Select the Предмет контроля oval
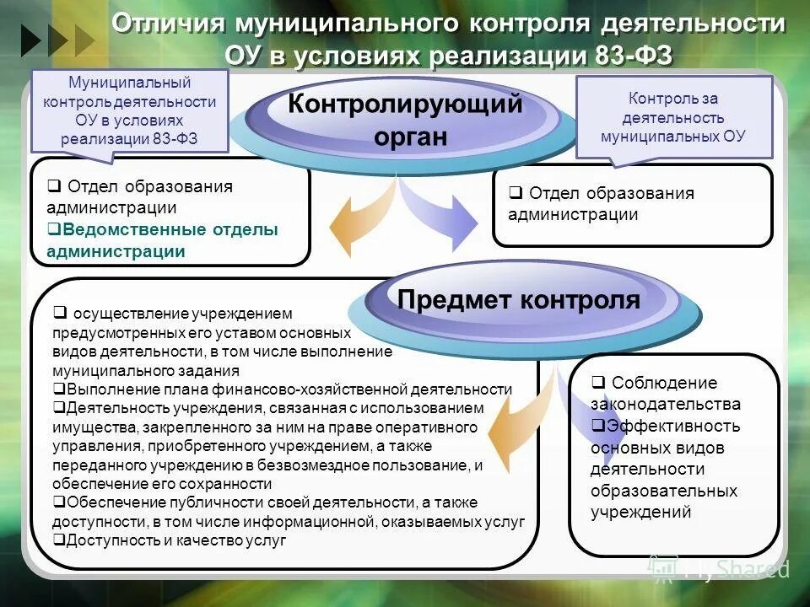pyautogui.click(x=519, y=300)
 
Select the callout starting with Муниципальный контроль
pyautogui.click(x=130, y=110)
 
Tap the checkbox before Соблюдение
pyautogui.click(x=597, y=382)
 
